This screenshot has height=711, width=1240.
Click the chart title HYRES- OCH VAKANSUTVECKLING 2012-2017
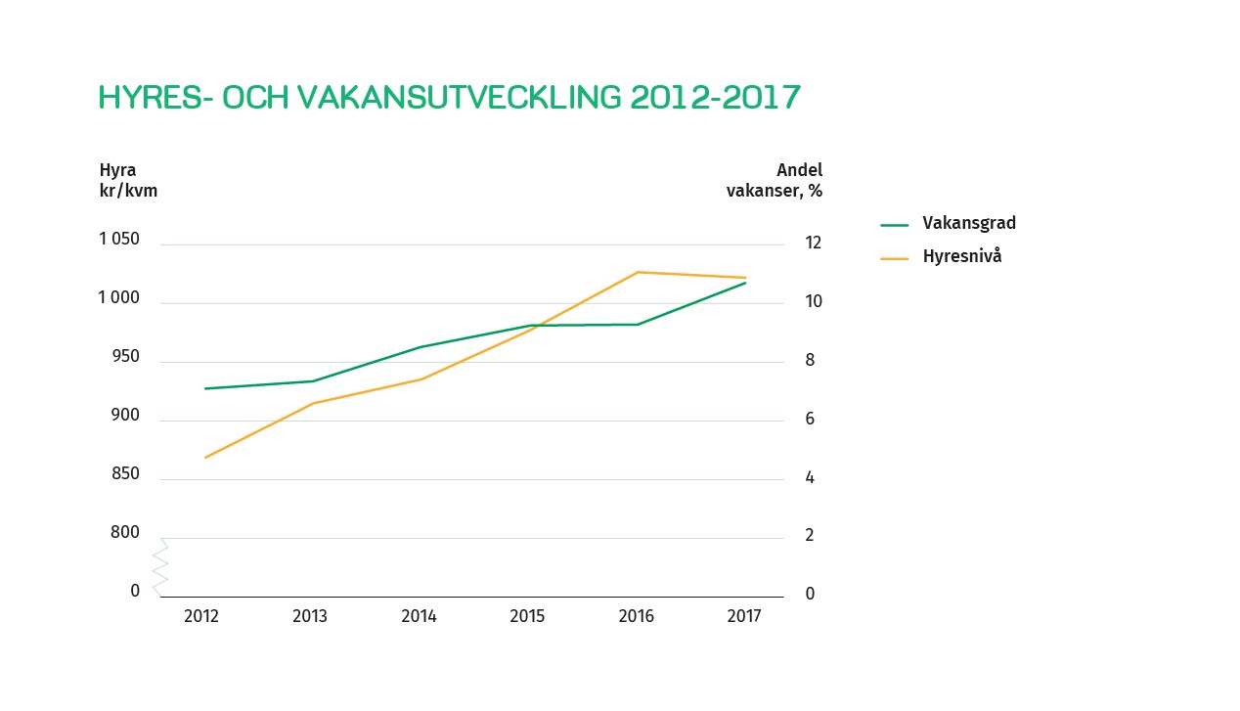point(450,98)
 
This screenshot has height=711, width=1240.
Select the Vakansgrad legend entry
point(968,223)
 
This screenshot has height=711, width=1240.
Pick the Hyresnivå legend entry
point(961,257)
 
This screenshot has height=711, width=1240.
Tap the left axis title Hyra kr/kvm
point(128,180)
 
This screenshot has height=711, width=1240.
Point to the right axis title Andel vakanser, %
point(775,180)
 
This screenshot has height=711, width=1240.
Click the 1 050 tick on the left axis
point(119,240)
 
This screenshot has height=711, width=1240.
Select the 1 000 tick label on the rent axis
point(119,298)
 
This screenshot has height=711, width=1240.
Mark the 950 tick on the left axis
point(125,357)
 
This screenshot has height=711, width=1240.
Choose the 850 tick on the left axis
point(125,474)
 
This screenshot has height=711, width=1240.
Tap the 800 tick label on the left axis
point(125,533)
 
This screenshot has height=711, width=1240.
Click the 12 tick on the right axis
point(814,243)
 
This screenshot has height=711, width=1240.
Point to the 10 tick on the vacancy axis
point(814,301)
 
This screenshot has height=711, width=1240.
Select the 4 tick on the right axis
point(810,477)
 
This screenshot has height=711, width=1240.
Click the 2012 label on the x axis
point(201,616)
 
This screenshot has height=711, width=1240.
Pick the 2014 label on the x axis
point(419,616)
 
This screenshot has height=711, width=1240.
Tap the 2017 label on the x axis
point(744,616)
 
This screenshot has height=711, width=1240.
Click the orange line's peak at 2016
point(638,272)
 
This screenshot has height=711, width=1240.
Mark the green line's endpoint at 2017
point(745,283)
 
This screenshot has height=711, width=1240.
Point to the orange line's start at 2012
point(205,457)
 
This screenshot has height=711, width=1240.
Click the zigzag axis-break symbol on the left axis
point(160,567)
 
